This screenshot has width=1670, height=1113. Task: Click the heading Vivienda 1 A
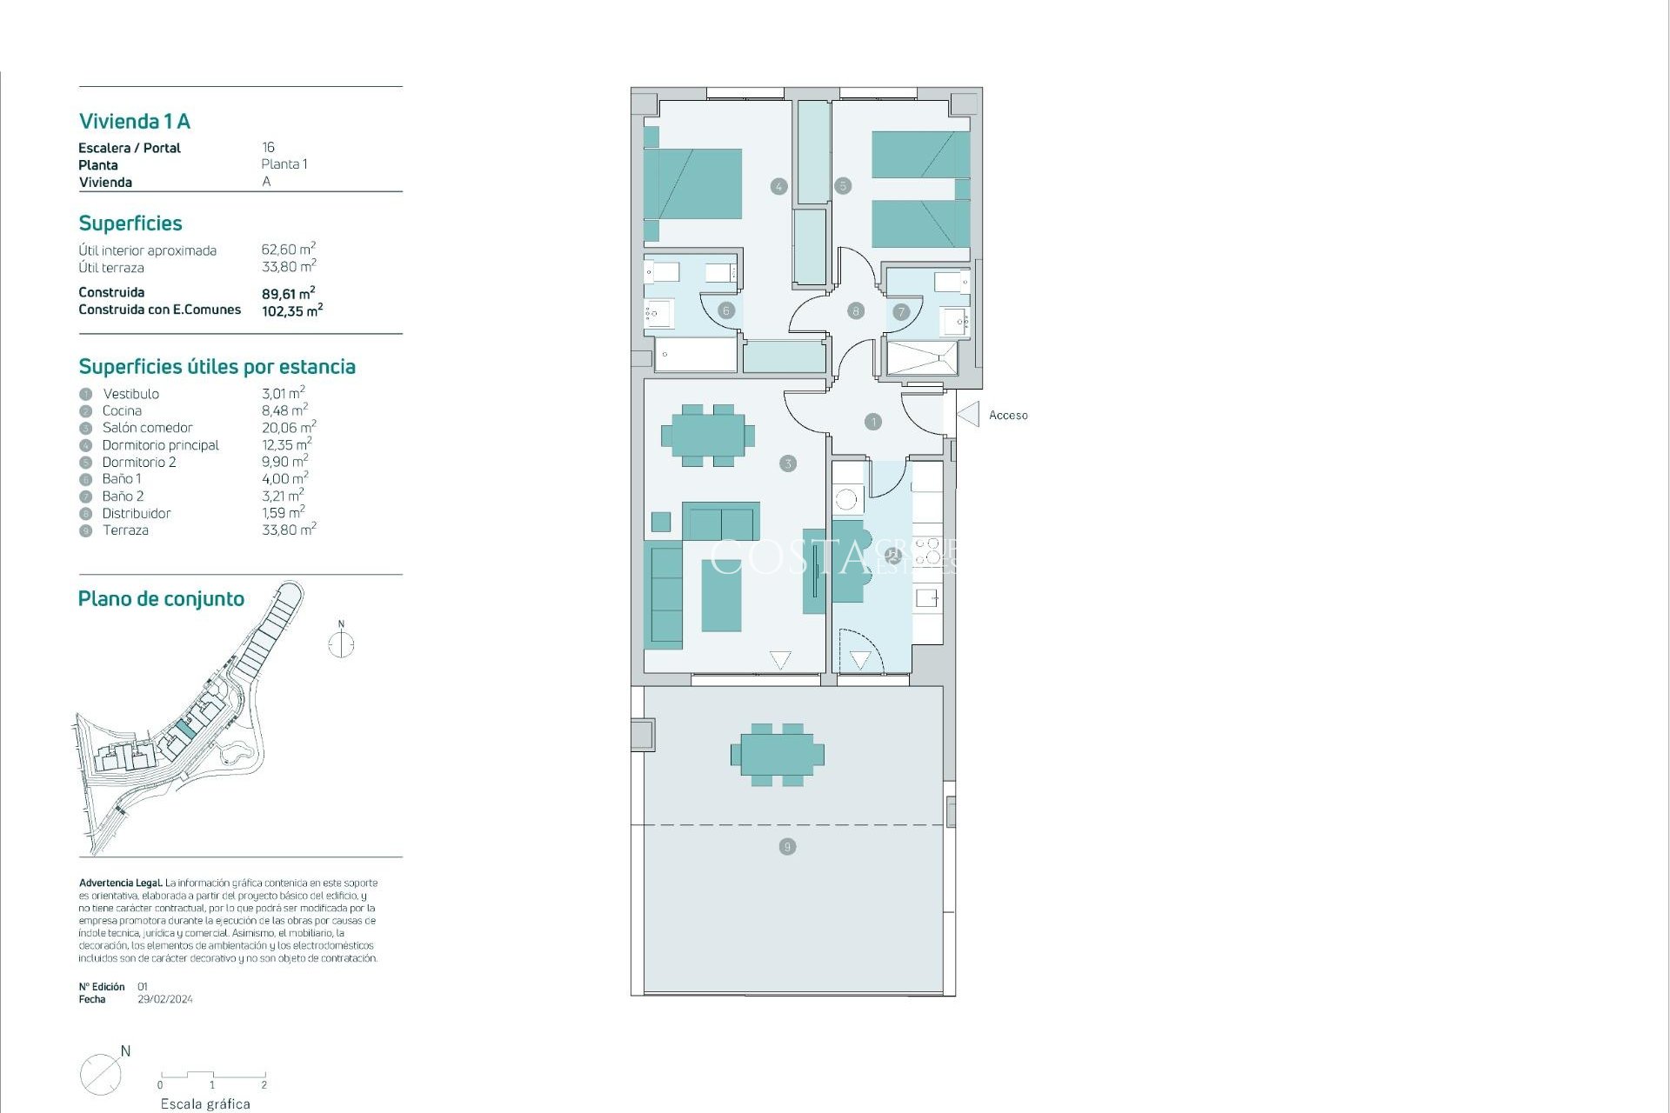[135, 122]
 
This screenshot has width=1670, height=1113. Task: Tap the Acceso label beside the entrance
[1008, 416]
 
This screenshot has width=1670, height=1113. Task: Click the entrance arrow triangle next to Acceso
[969, 415]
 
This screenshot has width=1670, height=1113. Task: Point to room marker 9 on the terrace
[787, 847]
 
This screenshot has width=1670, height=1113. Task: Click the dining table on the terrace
[778, 755]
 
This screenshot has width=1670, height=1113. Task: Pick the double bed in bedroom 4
[693, 183]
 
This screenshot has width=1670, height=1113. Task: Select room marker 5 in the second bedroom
[842, 185]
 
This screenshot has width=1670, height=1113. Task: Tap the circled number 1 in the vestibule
[873, 422]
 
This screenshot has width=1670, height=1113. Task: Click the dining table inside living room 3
[707, 435]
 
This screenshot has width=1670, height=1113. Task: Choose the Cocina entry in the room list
[122, 411]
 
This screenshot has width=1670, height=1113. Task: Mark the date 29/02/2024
[165, 1000]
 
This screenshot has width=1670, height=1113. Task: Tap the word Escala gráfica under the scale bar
[205, 1104]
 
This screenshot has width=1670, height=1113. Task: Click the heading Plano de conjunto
[161, 599]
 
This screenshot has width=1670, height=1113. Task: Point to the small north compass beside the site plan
[341, 643]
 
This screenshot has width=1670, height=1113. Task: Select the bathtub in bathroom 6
[695, 355]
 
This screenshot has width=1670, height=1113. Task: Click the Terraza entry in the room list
[125, 530]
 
